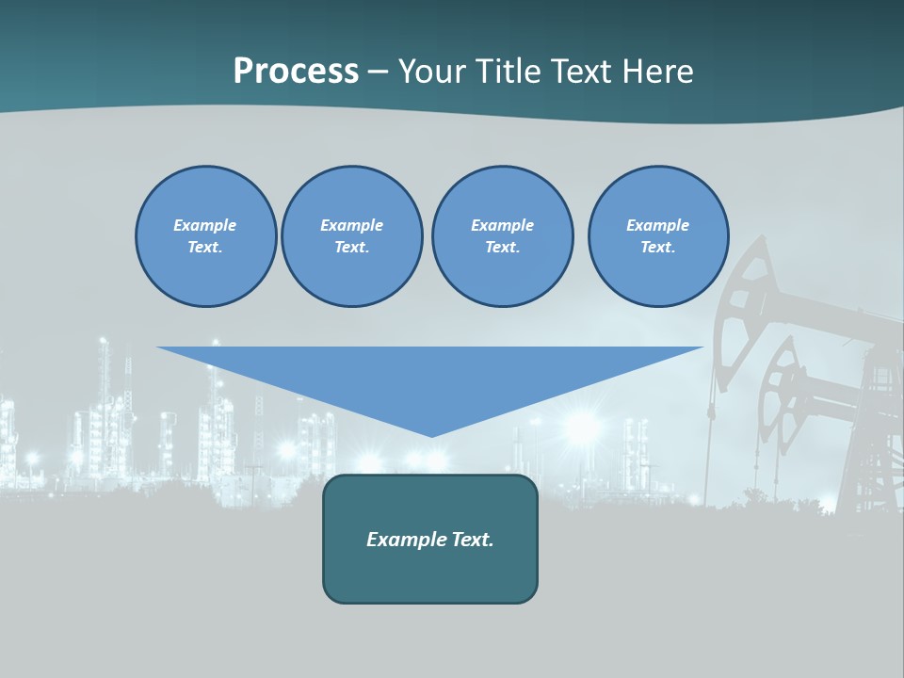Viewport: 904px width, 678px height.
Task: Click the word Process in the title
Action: pyautogui.click(x=296, y=72)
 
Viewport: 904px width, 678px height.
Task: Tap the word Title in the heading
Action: pyautogui.click(x=509, y=72)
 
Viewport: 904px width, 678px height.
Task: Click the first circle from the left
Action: pyautogui.click(x=205, y=236)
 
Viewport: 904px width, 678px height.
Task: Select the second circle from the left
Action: pyautogui.click(x=351, y=236)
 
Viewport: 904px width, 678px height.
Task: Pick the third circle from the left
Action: pyautogui.click(x=502, y=236)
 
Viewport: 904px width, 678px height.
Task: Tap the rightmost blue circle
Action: pyautogui.click(x=658, y=236)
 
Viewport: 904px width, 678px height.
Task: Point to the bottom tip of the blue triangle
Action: pyautogui.click(x=431, y=436)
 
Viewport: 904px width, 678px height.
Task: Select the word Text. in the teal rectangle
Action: pyautogui.click(x=473, y=540)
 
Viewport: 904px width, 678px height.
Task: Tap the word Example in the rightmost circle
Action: pyautogui.click(x=657, y=225)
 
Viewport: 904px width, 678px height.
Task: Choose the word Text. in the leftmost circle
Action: pyautogui.click(x=205, y=248)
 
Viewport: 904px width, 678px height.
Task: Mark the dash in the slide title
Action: pyautogui.click(x=378, y=73)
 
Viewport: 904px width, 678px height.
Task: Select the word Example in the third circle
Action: pyautogui.click(x=502, y=225)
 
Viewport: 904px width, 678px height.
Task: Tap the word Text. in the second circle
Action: pyautogui.click(x=351, y=248)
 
